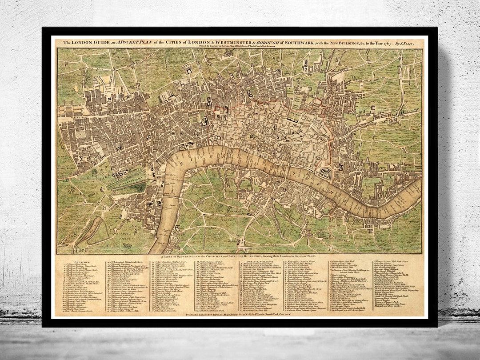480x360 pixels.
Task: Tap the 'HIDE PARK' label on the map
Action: (x=67, y=169)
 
